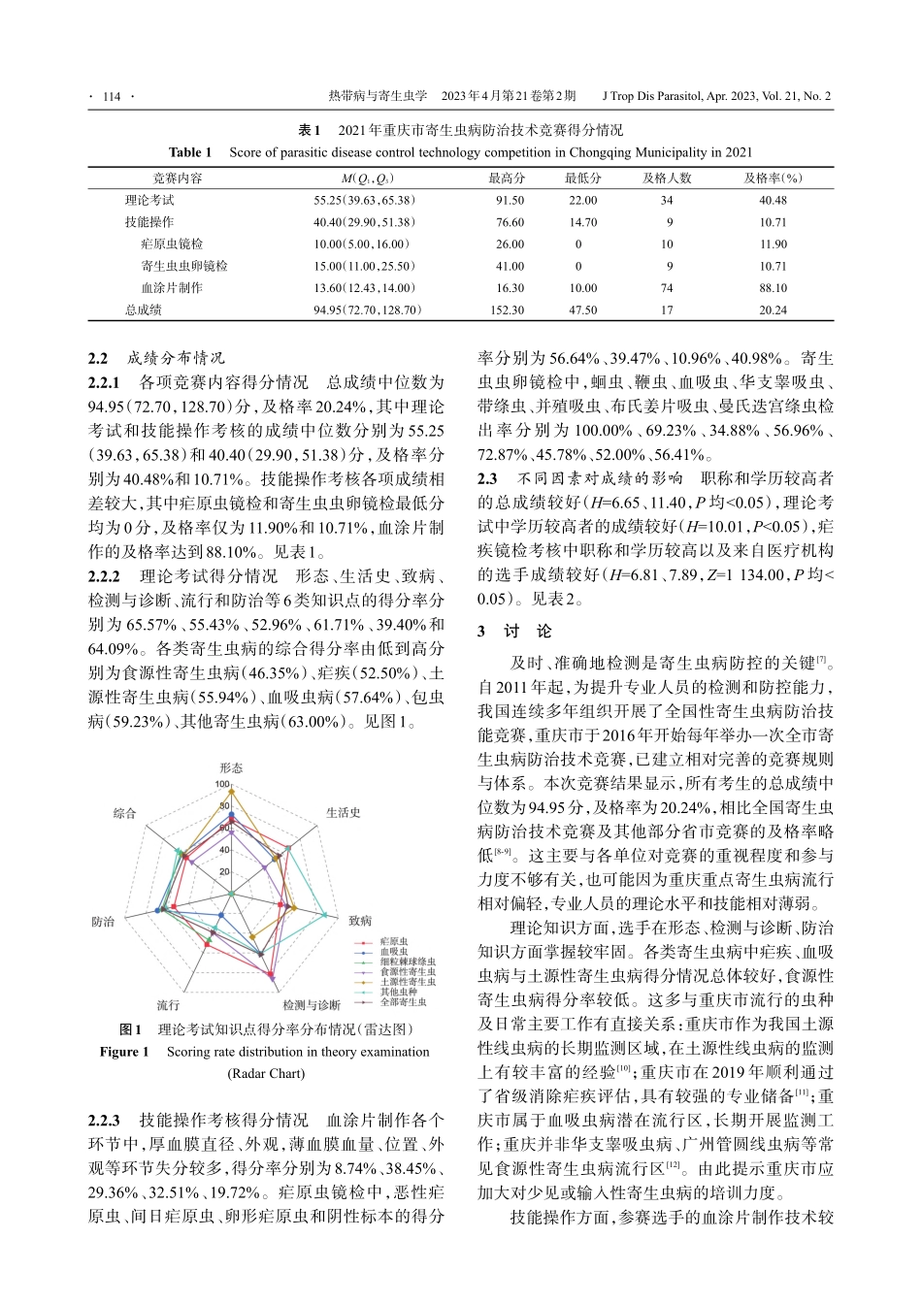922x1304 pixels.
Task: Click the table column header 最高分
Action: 507,179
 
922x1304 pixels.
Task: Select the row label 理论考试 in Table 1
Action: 149,201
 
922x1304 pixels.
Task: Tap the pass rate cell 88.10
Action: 773,288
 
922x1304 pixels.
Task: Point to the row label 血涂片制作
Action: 172,288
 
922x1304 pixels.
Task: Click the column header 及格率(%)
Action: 773,179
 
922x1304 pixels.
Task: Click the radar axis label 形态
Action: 231,767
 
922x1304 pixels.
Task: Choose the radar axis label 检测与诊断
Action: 312,1004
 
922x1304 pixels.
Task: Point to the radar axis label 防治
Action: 102,921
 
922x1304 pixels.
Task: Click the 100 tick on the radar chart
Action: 223,784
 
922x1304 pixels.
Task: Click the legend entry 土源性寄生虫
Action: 408,983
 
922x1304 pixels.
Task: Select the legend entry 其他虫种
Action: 401,992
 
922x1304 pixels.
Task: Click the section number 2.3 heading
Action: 487,478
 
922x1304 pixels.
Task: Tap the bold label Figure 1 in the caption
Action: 124,1052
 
